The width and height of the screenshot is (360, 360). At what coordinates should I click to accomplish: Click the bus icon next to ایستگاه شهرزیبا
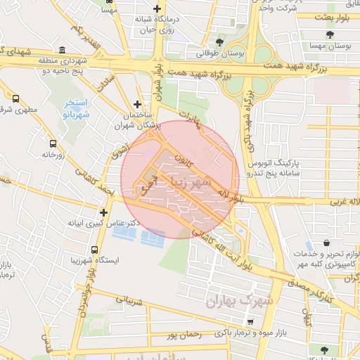pos(94,249)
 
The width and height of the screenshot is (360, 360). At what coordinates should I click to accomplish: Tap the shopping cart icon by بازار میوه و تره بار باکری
pos(251,321)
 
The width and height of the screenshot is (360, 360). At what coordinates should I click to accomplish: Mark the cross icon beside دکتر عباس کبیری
pos(104,212)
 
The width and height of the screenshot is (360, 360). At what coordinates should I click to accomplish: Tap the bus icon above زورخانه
pos(53,142)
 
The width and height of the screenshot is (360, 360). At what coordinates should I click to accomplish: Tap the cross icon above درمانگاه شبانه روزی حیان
pos(158,8)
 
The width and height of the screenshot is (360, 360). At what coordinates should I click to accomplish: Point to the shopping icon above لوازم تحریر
pos(327,243)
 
